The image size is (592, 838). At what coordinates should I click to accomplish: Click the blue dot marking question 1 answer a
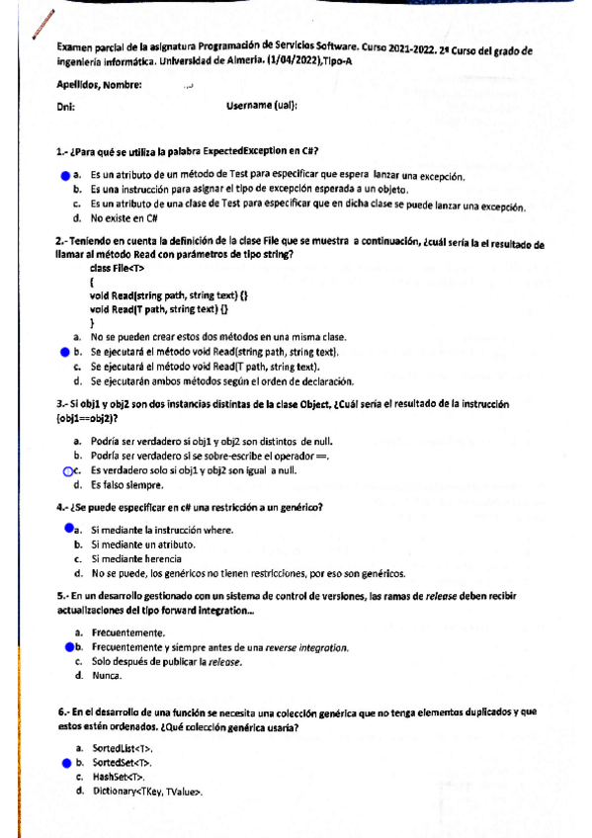[x=64, y=175]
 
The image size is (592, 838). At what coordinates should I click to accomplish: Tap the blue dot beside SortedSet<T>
[x=66, y=763]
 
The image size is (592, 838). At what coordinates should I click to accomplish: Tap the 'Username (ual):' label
[x=262, y=106]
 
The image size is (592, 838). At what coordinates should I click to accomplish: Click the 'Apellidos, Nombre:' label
[x=100, y=85]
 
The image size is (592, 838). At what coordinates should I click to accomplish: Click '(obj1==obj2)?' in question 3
[x=92, y=417]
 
